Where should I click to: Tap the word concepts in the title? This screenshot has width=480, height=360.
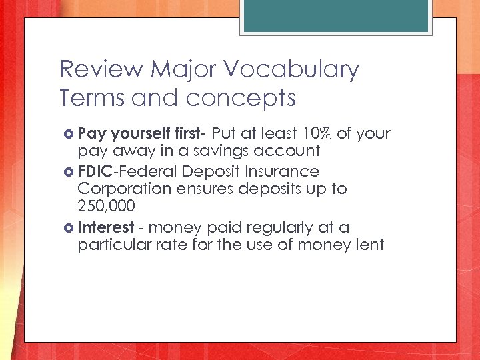pyautogui.click(x=241, y=98)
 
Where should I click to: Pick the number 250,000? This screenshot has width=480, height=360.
pyautogui.click(x=106, y=205)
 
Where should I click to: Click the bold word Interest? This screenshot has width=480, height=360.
pyautogui.click(x=106, y=227)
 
